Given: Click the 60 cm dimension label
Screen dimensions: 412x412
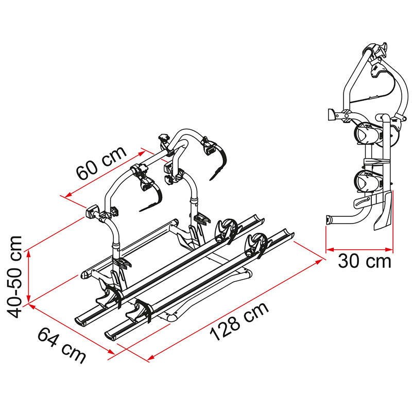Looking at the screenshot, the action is coord(101,163).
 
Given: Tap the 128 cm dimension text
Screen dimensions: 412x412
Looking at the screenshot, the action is coord(239,321).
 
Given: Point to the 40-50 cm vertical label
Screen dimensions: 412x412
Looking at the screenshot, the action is coord(14,277).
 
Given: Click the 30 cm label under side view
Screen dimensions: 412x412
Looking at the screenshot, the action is coord(365,261).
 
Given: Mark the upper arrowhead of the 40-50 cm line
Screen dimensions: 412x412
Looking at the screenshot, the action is coord(29,253).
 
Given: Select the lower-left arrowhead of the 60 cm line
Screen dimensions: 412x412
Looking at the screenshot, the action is coord(68,195).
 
